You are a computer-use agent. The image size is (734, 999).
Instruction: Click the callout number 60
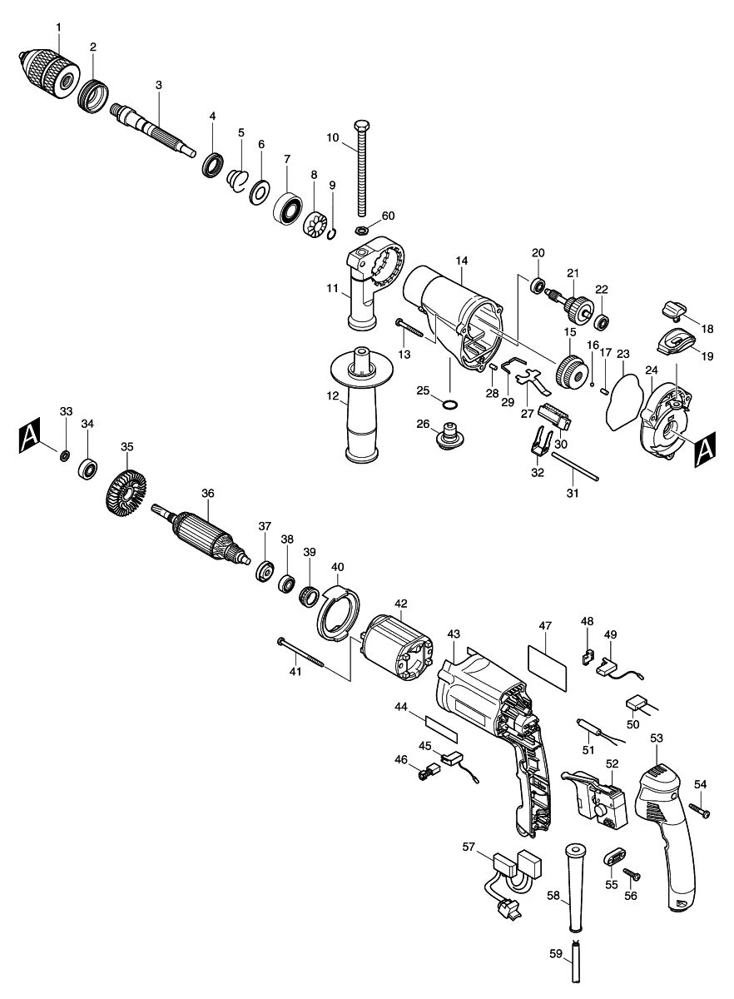point(388,216)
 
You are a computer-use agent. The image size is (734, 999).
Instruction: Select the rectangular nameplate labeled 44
point(441,730)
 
